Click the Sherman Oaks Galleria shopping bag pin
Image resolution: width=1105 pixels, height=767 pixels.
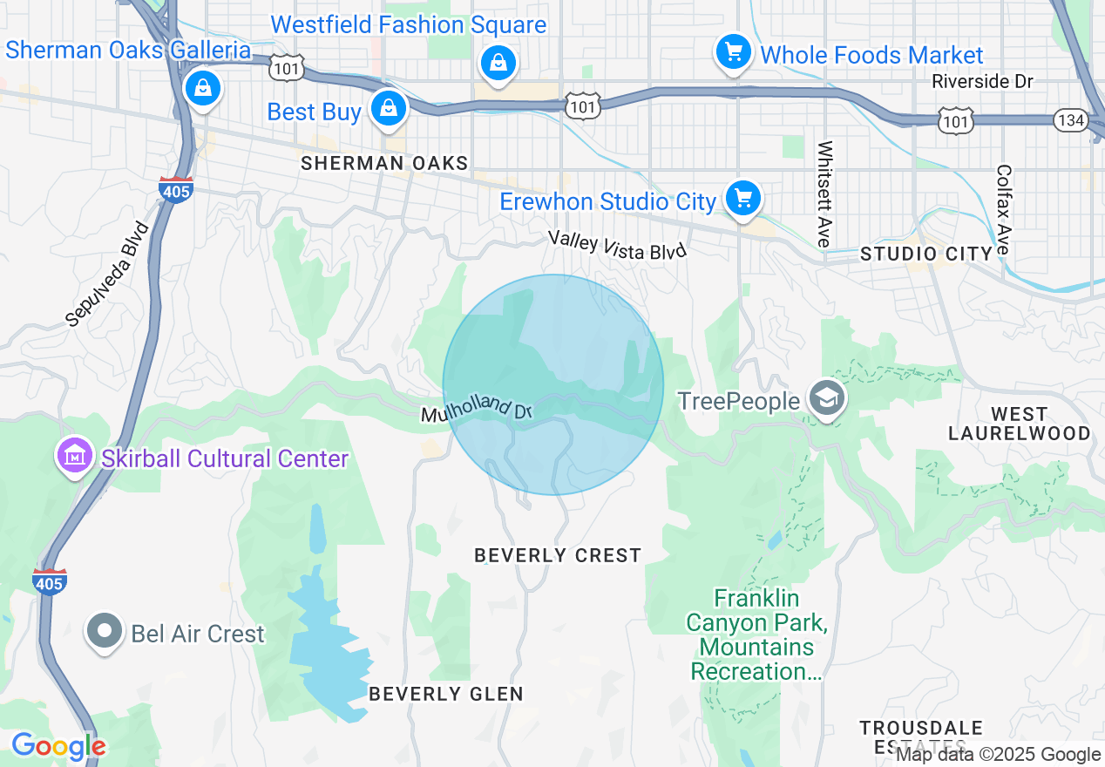pyautogui.click(x=203, y=88)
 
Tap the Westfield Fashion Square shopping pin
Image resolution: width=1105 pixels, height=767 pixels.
pyautogui.click(x=497, y=63)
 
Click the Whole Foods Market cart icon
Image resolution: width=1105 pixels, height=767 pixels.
pyautogui.click(x=733, y=52)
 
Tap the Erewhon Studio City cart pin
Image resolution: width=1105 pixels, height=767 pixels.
pyautogui.click(x=742, y=199)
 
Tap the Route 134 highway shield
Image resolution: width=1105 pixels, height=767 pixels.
pyautogui.click(x=1070, y=119)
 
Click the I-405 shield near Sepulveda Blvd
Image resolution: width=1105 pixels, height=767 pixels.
pyautogui.click(x=176, y=189)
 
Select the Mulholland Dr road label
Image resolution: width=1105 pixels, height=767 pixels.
pyautogui.click(x=477, y=409)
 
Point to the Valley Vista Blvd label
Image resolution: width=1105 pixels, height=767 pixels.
pyautogui.click(x=617, y=245)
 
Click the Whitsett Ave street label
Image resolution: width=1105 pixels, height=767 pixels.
pyautogui.click(x=824, y=193)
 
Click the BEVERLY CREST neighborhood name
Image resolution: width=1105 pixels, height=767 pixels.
pyautogui.click(x=558, y=555)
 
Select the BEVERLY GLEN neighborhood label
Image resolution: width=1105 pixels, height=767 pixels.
pyautogui.click(x=446, y=694)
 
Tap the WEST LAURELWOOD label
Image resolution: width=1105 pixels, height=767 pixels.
pyautogui.click(x=1019, y=424)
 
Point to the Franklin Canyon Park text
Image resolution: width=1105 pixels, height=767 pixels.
pyautogui.click(x=756, y=635)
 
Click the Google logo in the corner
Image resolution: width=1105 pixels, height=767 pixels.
pyautogui.click(x=58, y=746)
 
